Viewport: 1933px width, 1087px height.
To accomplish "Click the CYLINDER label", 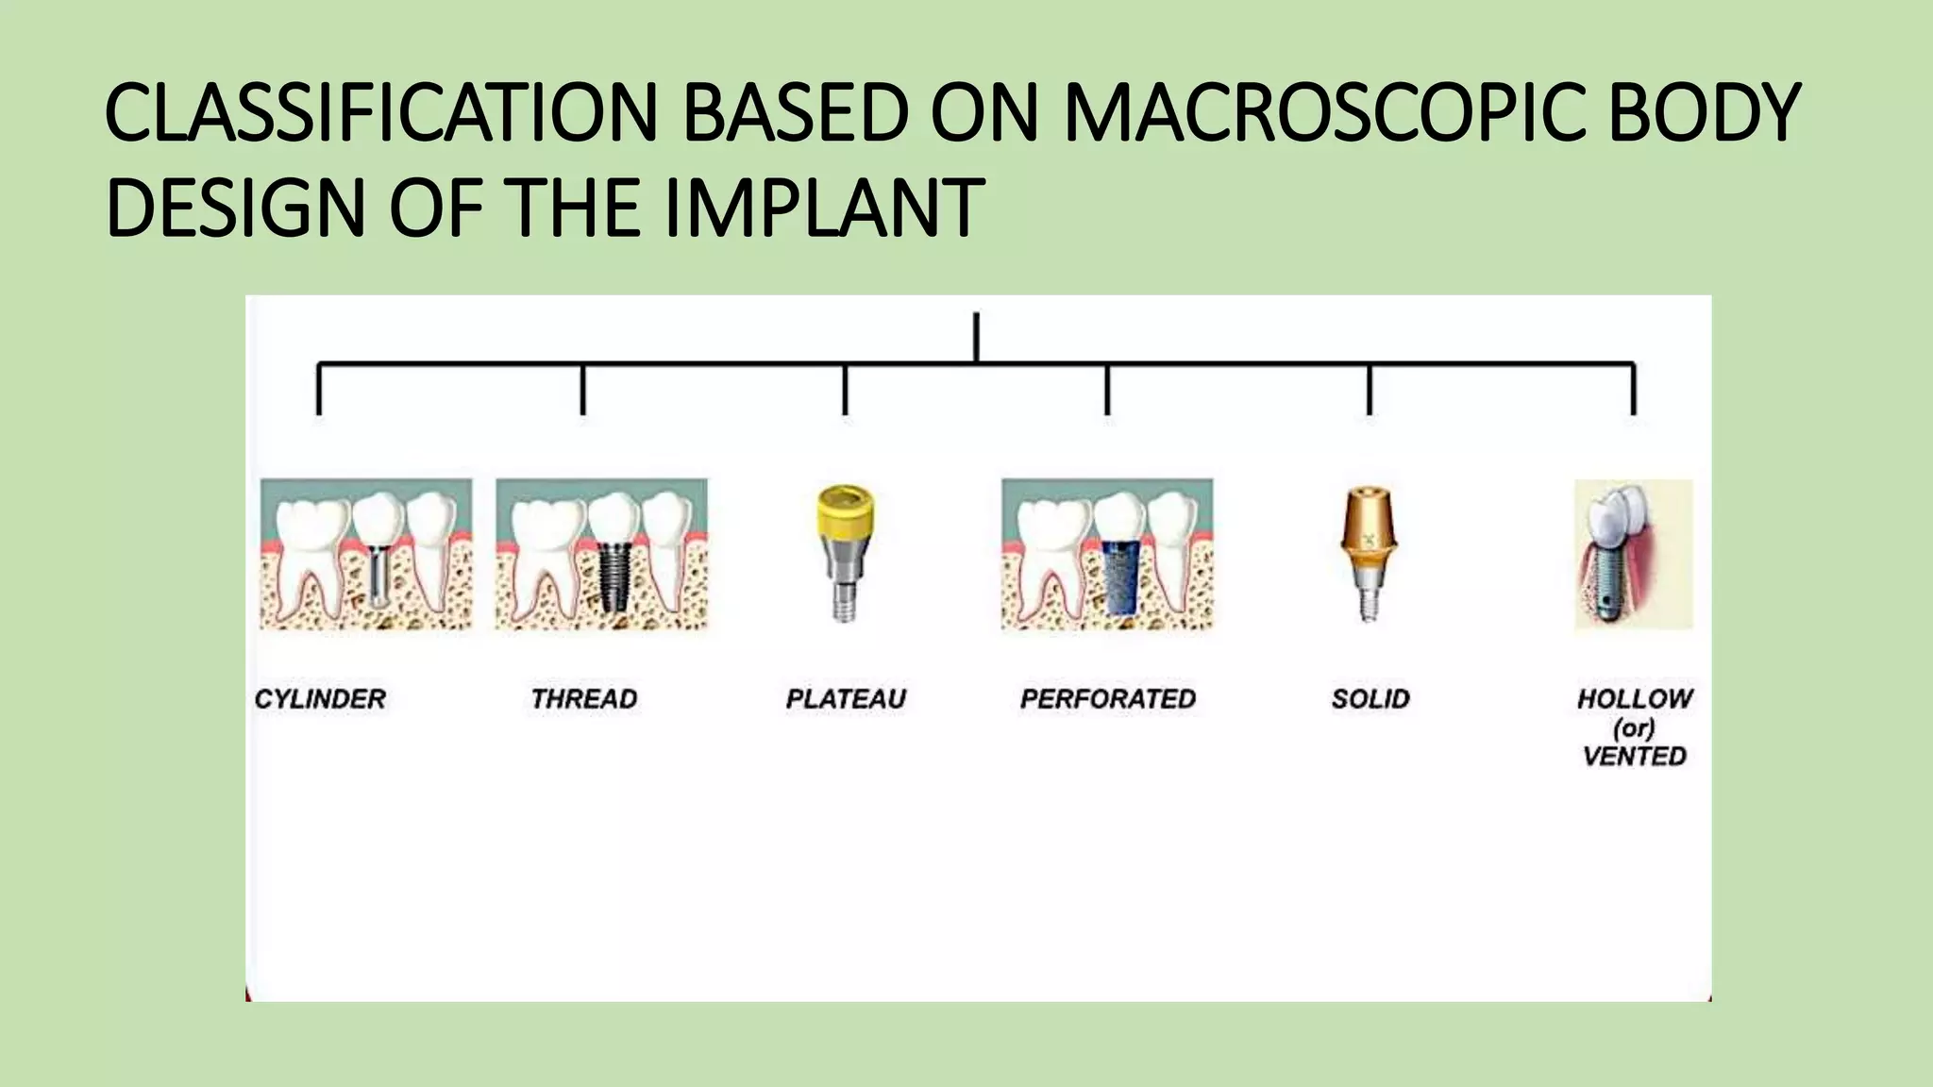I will pyautogui.click(x=320, y=699).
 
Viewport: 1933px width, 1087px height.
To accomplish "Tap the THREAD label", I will pyautogui.click(x=583, y=699).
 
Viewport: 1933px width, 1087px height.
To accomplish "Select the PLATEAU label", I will pyautogui.click(x=846, y=699).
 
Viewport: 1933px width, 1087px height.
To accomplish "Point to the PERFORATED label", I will pyautogui.click(x=1108, y=699).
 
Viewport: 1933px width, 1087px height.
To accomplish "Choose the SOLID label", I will pyautogui.click(x=1370, y=699).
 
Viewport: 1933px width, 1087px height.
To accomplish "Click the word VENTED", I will pyautogui.click(x=1634, y=757).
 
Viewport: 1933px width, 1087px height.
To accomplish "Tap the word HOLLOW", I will pyautogui.click(x=1634, y=699).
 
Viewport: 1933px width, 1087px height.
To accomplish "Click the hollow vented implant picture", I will pyautogui.click(x=1633, y=555).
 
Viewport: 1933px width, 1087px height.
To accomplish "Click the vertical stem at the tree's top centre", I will pyautogui.click(x=976, y=337).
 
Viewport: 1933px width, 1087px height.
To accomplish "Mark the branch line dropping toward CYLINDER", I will pyautogui.click(x=319, y=389).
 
